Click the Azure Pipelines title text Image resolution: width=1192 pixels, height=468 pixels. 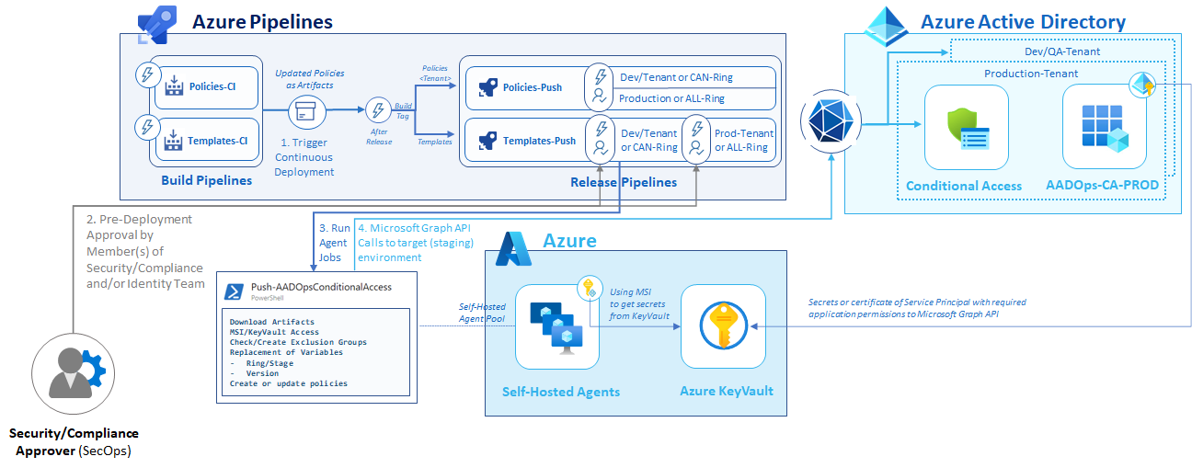pos(261,20)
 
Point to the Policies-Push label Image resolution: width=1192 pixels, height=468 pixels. pos(533,87)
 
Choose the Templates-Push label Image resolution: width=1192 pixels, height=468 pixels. pos(539,141)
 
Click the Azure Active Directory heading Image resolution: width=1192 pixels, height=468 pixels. pos(1023,21)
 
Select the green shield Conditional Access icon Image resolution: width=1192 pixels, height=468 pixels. pos(960,127)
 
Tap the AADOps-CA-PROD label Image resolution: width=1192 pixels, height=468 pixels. pos(1103,185)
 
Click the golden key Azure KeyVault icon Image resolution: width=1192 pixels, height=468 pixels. pos(727,326)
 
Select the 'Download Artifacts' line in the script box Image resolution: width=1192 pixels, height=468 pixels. pos(272,322)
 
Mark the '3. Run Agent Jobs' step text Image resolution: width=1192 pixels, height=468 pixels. pos(334,242)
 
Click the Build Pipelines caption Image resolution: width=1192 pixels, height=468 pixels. pos(206,180)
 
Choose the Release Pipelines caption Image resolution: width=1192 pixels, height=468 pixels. pos(623,182)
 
